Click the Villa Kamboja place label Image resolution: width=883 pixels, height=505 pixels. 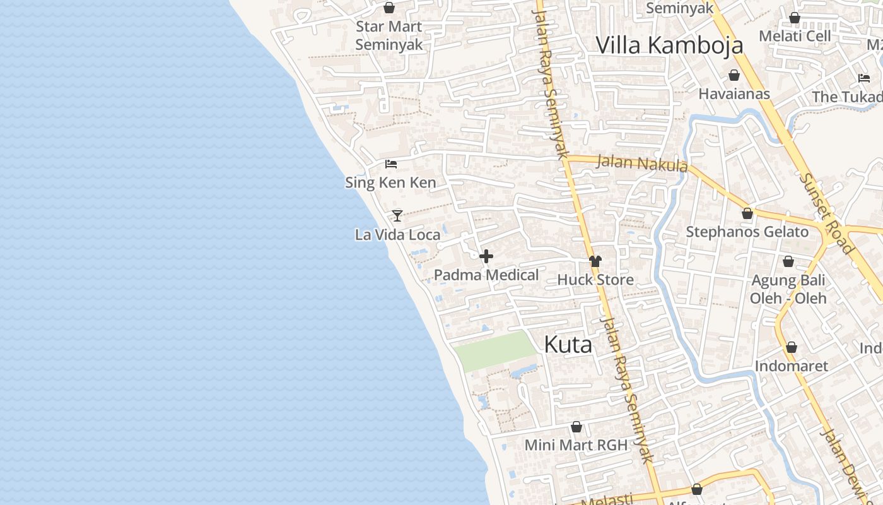(x=669, y=45)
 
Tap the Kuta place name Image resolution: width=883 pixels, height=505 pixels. (x=568, y=345)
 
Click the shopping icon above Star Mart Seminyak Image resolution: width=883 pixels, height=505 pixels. (x=389, y=8)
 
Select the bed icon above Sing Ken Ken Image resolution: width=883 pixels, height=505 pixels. (x=391, y=164)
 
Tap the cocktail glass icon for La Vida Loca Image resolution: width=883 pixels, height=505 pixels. (x=397, y=216)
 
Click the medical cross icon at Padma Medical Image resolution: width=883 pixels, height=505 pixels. (x=486, y=256)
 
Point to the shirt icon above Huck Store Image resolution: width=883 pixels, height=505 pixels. (x=595, y=261)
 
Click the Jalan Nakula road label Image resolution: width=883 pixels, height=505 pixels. (x=641, y=163)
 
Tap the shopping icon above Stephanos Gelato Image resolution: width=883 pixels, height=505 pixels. (x=747, y=213)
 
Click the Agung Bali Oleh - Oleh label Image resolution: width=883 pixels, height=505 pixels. (x=788, y=288)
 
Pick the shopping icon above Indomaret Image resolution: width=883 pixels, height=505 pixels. (x=791, y=347)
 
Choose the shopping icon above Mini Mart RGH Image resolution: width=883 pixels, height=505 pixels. (x=576, y=427)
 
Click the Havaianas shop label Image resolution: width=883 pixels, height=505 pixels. (x=734, y=94)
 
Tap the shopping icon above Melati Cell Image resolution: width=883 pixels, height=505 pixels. (x=795, y=18)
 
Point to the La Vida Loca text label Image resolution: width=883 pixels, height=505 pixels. (x=397, y=235)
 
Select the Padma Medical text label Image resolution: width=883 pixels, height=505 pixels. (x=486, y=275)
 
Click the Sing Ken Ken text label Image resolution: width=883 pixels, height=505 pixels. (x=390, y=183)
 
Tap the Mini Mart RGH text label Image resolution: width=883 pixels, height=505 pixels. (x=576, y=445)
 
